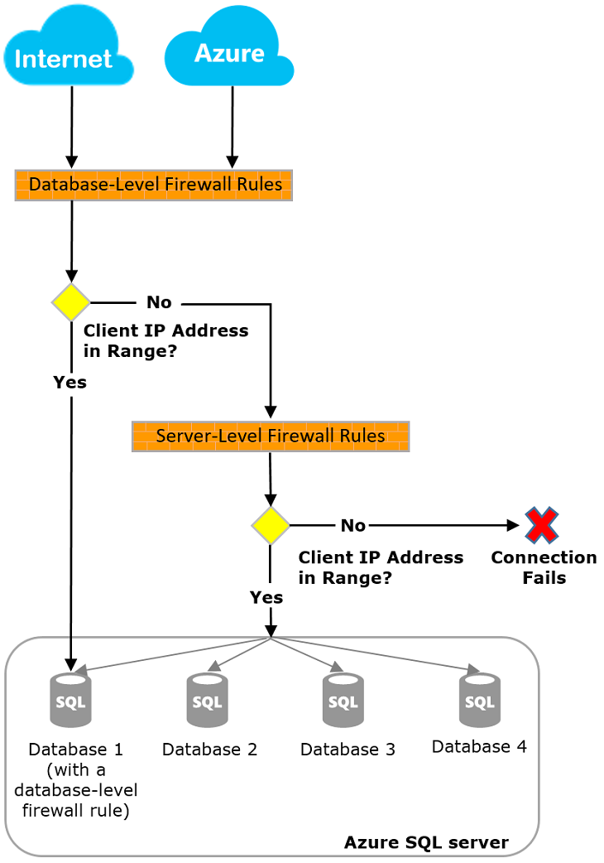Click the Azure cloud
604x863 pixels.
coord(229,47)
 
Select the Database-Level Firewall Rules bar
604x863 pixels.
coord(154,185)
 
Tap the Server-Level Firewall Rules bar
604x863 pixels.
coord(271,436)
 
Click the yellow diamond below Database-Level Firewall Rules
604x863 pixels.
coord(71,302)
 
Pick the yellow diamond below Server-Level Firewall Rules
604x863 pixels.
coord(271,525)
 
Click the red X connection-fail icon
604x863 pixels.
coord(542,525)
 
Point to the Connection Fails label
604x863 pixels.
coord(544,567)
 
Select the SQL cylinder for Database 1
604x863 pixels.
coord(70,700)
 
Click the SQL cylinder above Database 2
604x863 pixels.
coord(207,700)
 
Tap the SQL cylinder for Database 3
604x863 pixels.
coord(343,700)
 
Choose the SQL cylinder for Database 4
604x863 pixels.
coord(479,700)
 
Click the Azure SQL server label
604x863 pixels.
coord(426,843)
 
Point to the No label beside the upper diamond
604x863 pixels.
coord(159,301)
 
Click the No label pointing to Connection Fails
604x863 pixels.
coord(352,525)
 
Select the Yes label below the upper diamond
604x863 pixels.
coord(70,382)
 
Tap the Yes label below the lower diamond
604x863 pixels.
coord(266,596)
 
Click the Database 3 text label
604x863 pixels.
coord(348,750)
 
